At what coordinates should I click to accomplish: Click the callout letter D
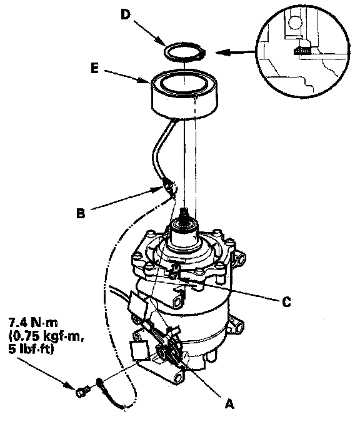point(126,14)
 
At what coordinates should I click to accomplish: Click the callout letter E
point(94,69)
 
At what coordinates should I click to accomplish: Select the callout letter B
point(81,213)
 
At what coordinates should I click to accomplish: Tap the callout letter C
point(287,301)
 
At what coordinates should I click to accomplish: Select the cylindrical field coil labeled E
point(184,94)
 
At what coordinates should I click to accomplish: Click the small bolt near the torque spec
point(82,392)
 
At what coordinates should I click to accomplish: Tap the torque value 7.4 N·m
point(33,323)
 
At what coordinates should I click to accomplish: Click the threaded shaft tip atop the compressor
point(184,213)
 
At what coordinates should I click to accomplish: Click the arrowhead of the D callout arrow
point(161,42)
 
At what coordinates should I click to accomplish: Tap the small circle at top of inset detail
point(294,22)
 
